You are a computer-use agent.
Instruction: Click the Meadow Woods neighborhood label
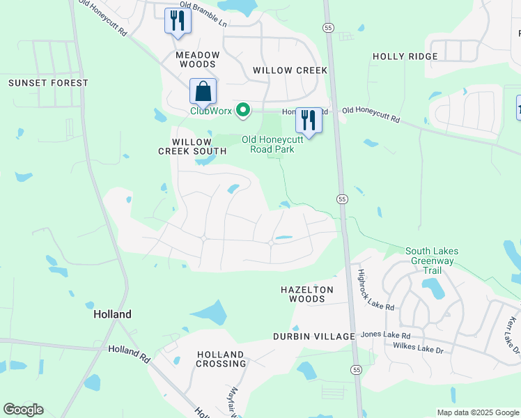198,59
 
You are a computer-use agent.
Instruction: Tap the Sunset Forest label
49,83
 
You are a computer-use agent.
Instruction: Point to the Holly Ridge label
405,56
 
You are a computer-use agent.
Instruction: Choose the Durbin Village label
315,336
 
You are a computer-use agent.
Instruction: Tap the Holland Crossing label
221,359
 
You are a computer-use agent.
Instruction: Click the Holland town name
112,314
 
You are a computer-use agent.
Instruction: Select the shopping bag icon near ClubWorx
203,91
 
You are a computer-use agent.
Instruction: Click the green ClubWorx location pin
243,110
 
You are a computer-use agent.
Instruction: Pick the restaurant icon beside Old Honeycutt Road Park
309,120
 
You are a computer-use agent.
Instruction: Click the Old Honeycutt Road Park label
272,144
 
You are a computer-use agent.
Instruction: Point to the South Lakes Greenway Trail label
430,256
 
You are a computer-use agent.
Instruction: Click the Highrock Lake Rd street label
376,290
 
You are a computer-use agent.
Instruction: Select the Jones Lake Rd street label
387,335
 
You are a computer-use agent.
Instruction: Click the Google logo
23,410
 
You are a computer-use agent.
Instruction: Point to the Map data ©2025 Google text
477,412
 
